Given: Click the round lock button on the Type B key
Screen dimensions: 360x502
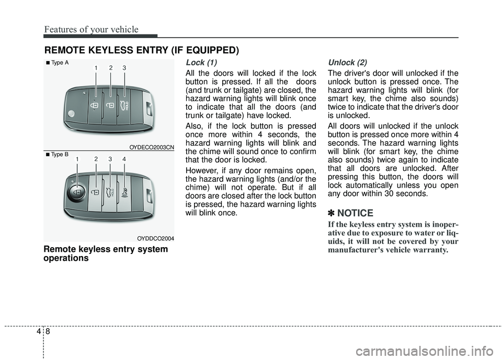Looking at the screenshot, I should [77, 192].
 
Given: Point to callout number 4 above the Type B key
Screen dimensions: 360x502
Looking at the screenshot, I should [124, 158].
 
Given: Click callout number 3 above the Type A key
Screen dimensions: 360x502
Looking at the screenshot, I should [124, 68].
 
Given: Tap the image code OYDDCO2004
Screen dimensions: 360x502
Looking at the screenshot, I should [155, 238].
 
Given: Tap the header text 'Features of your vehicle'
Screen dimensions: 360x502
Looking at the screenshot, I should [91, 29].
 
